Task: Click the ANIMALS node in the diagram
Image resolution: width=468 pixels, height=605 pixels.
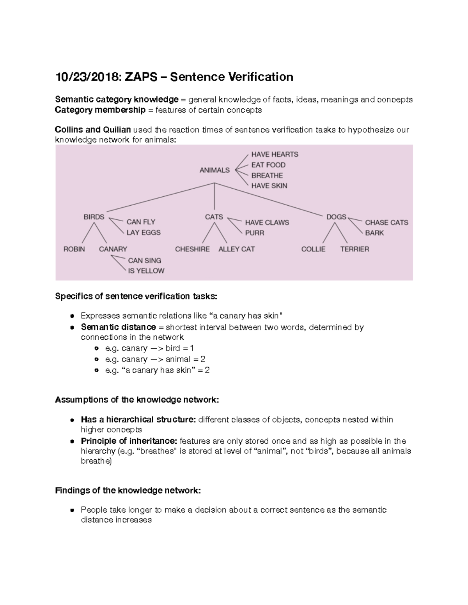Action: pyautogui.click(x=214, y=170)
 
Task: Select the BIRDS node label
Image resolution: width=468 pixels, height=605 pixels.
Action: pyautogui.click(x=94, y=217)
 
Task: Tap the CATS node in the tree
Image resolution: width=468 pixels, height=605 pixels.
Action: pyautogui.click(x=214, y=217)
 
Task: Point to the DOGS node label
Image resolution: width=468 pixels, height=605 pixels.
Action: pyautogui.click(x=336, y=217)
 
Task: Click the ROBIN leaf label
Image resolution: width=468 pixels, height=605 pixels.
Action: pyautogui.click(x=74, y=249)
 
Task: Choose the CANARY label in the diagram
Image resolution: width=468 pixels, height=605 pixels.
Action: pyautogui.click(x=113, y=249)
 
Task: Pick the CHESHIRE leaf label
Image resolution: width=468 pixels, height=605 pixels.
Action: pyautogui.click(x=192, y=249)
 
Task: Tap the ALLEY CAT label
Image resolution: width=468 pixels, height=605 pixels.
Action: pyautogui.click(x=236, y=249)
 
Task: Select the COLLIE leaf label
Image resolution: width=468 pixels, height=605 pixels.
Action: pyautogui.click(x=313, y=249)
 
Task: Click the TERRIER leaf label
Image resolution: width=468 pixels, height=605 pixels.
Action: pyautogui.click(x=355, y=249)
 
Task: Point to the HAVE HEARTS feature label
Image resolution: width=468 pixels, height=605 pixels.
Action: pyautogui.click(x=275, y=154)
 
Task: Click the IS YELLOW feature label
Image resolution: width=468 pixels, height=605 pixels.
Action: pyautogui.click(x=146, y=271)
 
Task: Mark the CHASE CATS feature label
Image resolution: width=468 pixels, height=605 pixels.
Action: pyautogui.click(x=386, y=222)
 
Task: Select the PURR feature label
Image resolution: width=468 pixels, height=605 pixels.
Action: pyautogui.click(x=255, y=233)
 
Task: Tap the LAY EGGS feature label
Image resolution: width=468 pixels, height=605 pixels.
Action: pyautogui.click(x=144, y=233)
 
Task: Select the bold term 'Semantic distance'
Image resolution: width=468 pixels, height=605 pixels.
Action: pyautogui.click(x=119, y=327)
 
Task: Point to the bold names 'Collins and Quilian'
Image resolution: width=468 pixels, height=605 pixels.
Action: pyautogui.click(x=93, y=130)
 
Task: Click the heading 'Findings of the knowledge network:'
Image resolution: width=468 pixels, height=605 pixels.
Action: pyautogui.click(x=128, y=490)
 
